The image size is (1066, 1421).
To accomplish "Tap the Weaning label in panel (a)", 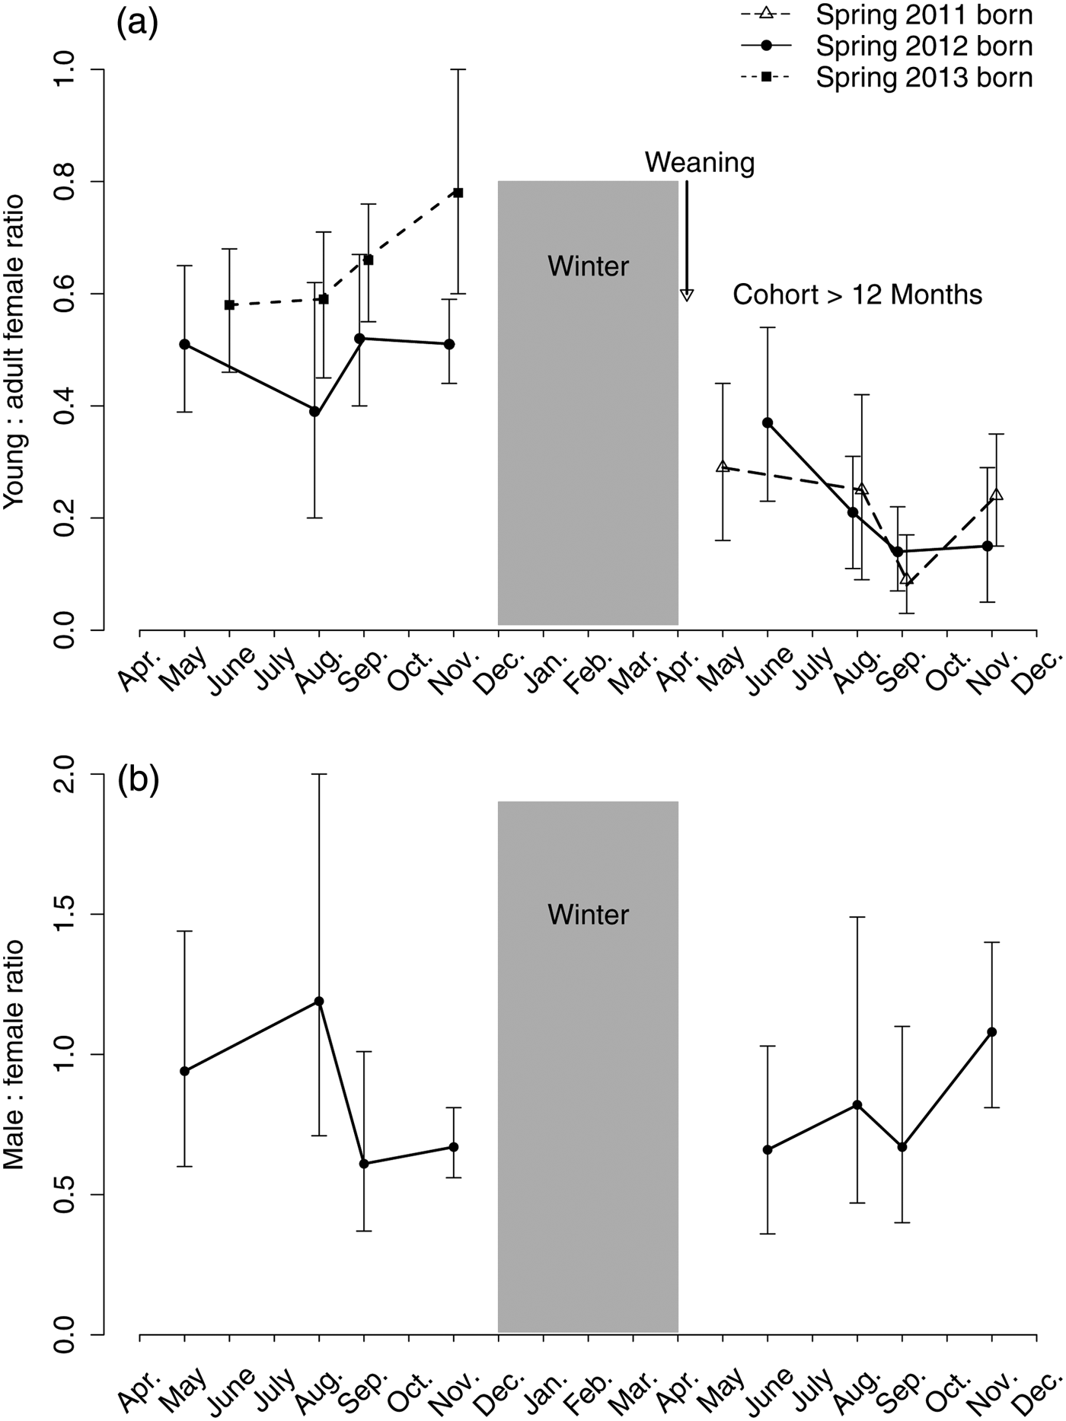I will tap(700, 162).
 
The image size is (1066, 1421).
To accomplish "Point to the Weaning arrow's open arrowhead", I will tap(687, 295).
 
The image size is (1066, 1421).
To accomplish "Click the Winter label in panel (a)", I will tap(589, 266).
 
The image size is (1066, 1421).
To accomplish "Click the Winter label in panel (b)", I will tap(589, 914).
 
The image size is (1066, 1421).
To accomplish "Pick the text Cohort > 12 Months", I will tap(857, 295).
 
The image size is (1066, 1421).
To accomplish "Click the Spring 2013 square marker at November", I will tap(458, 193).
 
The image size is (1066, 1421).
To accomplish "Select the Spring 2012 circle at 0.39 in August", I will tap(314, 412).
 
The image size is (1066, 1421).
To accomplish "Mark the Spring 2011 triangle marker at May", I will tap(723, 467).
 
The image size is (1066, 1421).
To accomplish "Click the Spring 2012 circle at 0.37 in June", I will tap(768, 422).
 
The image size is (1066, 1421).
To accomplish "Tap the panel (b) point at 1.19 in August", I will tap(319, 1001).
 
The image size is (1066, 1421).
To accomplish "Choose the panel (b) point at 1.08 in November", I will tap(991, 1032).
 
